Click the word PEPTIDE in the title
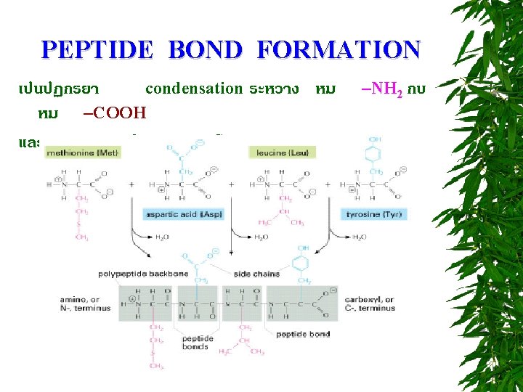point(97,50)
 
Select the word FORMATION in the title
point(338,50)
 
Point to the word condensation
point(194,89)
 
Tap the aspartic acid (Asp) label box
point(185,215)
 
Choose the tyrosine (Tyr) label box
point(375,215)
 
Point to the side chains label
point(256,274)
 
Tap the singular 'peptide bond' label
point(303,335)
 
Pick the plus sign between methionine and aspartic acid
point(131,185)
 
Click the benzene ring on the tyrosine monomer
point(376,155)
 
